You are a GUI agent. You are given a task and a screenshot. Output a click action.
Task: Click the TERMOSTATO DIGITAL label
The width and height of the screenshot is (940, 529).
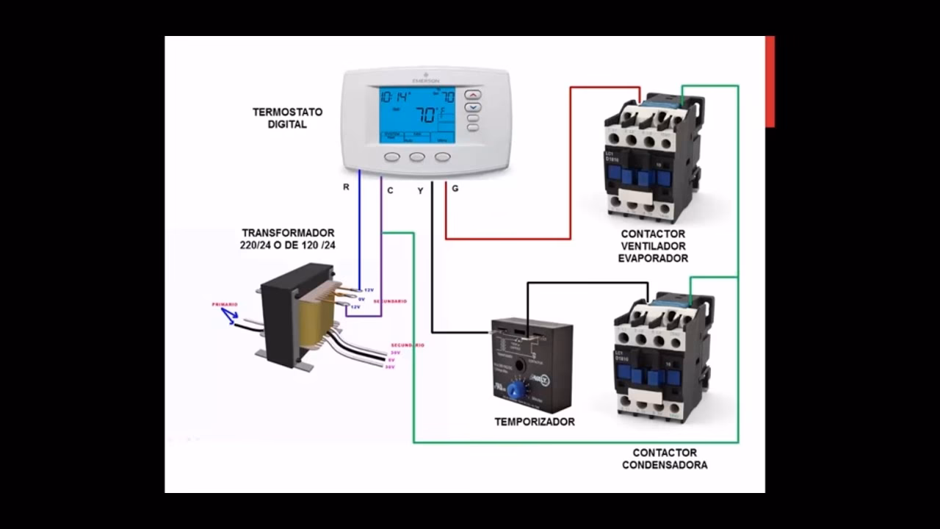[x=287, y=118]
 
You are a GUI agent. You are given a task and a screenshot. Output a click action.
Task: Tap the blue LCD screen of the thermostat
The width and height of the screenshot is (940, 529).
[x=417, y=115]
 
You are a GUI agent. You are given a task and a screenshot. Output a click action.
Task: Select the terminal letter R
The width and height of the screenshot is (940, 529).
[x=346, y=187]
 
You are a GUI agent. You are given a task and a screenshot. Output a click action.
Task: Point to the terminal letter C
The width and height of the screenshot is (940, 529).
[x=390, y=190]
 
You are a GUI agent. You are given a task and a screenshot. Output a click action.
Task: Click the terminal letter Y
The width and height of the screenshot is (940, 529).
[x=420, y=190]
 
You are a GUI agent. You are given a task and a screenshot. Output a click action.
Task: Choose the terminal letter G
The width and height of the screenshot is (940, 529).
[x=455, y=189]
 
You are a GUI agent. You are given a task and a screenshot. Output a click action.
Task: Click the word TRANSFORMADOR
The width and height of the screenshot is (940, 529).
[x=288, y=233]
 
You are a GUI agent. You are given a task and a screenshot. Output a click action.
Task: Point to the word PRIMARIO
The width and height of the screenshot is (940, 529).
[x=225, y=304]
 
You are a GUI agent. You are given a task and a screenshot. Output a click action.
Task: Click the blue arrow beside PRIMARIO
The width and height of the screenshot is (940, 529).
[x=230, y=316]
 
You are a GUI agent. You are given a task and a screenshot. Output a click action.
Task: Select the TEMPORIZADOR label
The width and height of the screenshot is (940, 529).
[x=534, y=422]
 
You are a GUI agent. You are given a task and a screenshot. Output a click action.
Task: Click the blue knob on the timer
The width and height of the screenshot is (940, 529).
[x=516, y=389]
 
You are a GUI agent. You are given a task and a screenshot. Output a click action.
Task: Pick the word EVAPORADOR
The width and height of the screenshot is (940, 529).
[x=653, y=259]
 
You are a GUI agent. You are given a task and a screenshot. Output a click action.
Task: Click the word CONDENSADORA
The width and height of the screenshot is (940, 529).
[x=665, y=465]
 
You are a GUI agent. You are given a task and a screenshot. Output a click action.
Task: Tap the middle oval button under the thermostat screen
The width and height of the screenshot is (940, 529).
[x=417, y=156]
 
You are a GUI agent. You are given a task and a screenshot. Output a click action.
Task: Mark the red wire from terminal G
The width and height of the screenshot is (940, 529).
[x=507, y=238]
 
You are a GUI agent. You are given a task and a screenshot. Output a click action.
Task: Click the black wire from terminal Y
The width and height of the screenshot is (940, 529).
[x=432, y=279]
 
